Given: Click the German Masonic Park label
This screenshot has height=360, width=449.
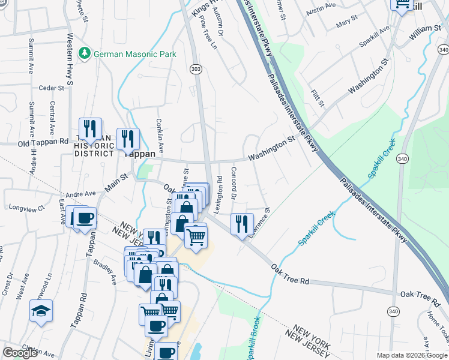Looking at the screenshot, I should pos(134,54).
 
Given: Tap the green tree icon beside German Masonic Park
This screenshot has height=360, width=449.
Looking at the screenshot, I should pos(85,54).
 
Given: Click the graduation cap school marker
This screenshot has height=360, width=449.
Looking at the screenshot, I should pos(41,310).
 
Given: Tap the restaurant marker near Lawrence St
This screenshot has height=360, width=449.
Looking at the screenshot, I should pos(241,224).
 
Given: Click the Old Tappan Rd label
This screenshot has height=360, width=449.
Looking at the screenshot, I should pos(43,142).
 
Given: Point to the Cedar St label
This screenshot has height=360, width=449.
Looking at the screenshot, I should pos(51,88).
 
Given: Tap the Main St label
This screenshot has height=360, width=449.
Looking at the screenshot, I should pos(117,182).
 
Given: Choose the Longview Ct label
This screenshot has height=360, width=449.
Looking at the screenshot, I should pos(27,208).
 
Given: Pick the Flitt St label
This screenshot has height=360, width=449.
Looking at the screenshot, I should pos(318,99).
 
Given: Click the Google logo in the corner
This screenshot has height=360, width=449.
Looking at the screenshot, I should pos(20,353).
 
